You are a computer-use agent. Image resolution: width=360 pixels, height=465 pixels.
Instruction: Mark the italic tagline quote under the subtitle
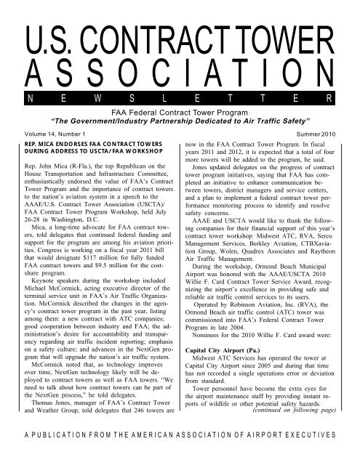click(180, 122)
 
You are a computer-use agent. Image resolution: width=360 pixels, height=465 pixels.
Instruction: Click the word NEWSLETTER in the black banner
click(180, 97)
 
